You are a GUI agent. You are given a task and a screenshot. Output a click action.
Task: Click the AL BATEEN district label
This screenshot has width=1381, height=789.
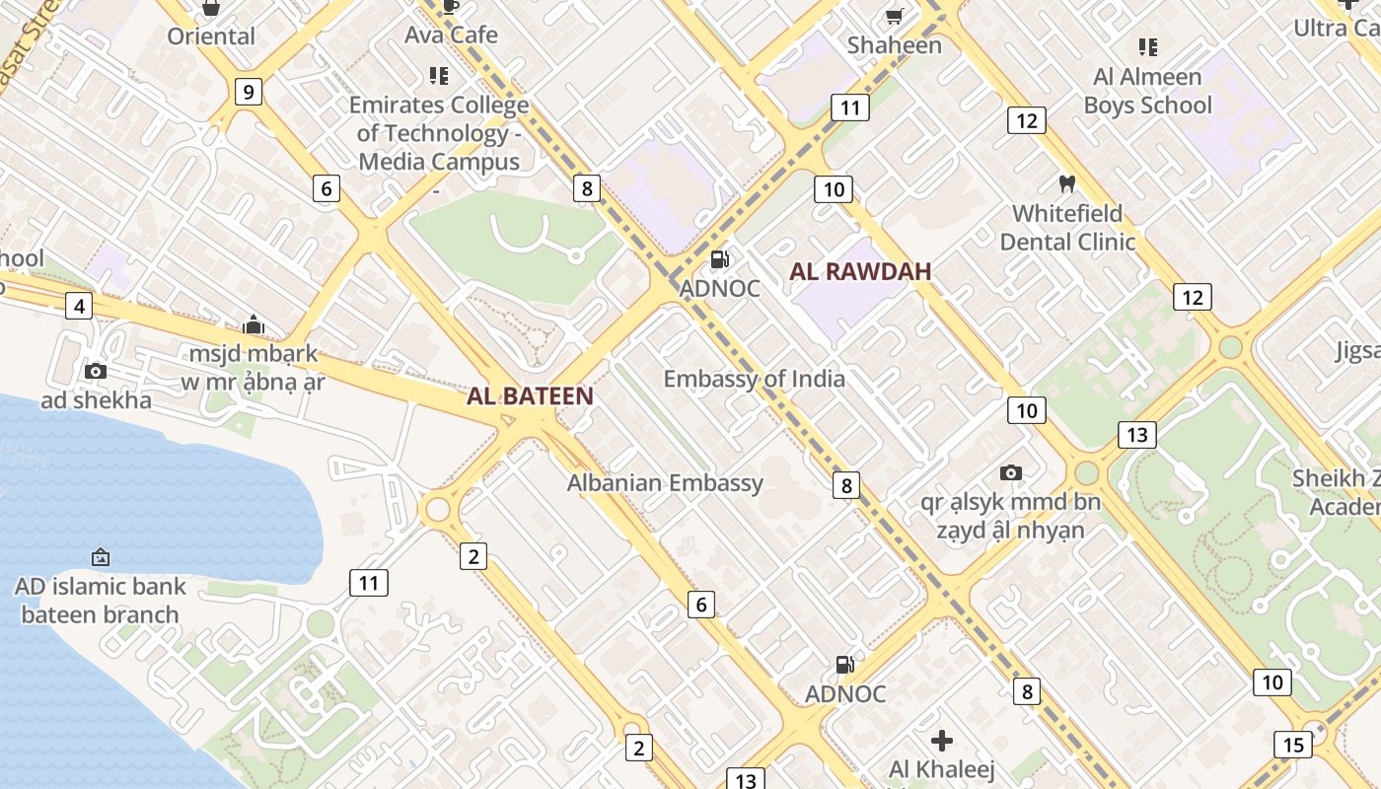(x=530, y=396)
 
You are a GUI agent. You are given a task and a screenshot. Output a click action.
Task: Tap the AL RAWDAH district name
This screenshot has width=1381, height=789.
(x=860, y=272)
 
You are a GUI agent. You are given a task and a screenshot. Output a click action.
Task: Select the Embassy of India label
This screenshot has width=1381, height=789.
(x=754, y=379)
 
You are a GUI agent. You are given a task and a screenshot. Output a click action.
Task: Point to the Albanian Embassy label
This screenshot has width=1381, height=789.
(x=665, y=483)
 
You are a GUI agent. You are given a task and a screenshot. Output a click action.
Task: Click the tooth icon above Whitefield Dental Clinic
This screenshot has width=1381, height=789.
(x=1066, y=183)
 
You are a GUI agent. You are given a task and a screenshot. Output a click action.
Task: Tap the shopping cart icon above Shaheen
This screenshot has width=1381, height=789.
(x=894, y=16)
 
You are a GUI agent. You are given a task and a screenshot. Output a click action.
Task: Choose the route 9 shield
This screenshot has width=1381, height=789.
(x=248, y=93)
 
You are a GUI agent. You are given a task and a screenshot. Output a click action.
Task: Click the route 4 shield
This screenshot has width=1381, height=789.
(x=80, y=307)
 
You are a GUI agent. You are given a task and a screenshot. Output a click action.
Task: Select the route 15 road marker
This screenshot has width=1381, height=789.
(x=1292, y=744)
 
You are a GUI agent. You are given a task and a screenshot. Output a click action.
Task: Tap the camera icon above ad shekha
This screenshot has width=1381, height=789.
(x=96, y=372)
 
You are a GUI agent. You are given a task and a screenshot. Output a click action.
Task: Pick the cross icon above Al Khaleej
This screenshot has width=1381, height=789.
(x=942, y=740)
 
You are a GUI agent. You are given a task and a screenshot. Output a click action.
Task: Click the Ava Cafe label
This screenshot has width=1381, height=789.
(x=451, y=36)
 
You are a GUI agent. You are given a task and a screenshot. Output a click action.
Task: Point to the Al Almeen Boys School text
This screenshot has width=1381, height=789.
(x=1147, y=91)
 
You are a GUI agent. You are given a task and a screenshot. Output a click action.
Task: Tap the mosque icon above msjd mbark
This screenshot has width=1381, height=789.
(x=254, y=324)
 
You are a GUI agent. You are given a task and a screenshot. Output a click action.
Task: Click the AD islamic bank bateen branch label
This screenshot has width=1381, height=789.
(x=100, y=601)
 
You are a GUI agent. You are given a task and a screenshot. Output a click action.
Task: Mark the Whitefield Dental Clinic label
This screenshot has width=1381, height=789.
(x=1067, y=228)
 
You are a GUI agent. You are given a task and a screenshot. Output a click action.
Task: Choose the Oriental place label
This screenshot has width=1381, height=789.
(x=211, y=36)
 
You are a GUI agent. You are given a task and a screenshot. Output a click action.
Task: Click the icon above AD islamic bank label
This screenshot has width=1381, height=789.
(x=100, y=557)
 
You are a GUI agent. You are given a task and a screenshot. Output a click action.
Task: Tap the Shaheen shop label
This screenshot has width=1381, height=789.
(x=895, y=45)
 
